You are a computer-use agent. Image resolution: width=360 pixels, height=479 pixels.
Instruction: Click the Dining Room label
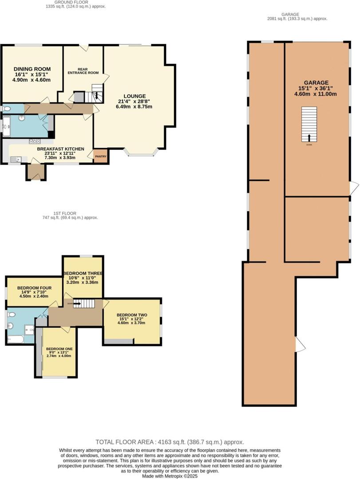coord(32,69)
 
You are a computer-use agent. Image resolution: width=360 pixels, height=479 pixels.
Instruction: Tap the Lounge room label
coord(135,96)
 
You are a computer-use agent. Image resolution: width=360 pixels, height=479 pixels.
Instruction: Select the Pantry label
coord(101,156)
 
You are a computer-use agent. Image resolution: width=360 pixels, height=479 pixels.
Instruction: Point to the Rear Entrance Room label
coord(82,71)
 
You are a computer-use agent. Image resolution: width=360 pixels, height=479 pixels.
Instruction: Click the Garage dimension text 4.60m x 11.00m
coord(316,94)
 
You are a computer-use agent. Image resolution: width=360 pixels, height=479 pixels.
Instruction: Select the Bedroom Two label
coord(132,315)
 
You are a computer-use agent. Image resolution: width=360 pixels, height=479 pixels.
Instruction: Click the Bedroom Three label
coord(83,274)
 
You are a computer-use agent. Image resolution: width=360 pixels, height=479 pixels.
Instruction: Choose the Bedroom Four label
coord(34,288)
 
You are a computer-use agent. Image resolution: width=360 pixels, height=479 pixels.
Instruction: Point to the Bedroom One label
coord(59,349)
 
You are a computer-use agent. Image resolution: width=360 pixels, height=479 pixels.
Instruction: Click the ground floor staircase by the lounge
coord(96,94)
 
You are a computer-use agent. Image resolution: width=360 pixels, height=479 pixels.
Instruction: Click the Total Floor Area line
coord(170,442)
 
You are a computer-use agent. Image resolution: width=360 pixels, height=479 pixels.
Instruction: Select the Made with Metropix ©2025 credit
coord(170,476)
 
